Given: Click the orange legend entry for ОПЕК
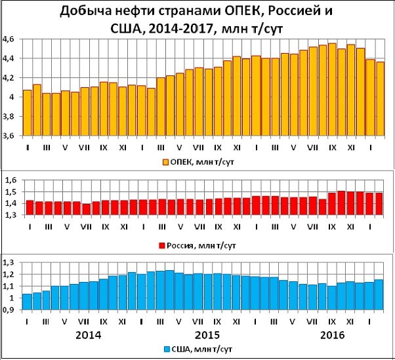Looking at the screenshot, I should pos(197,161).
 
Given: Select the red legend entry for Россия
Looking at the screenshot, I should pos(197,245).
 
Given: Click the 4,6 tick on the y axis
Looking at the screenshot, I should pos(12,39).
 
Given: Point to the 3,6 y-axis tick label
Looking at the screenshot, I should pos(12,136).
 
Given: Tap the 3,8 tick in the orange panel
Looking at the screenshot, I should pos(12,117).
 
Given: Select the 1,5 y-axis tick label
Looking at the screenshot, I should pos(12,193).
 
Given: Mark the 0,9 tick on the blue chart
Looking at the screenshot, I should pos(12,311).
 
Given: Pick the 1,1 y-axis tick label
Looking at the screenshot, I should pos(12,287).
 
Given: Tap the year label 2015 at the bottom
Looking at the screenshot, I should pos(207,334).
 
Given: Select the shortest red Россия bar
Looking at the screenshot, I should pos(87,210).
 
